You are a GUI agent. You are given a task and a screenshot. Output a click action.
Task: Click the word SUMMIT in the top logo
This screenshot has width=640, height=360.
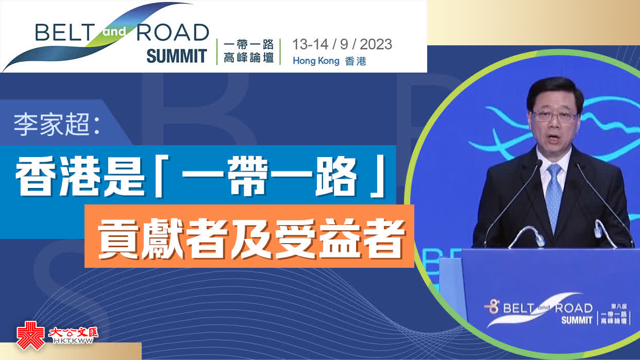coord(177,56)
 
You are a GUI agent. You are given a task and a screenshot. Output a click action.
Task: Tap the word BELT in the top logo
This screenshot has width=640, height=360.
coord(65,32)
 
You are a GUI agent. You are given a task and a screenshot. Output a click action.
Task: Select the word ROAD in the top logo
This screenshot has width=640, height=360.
coord(173,32)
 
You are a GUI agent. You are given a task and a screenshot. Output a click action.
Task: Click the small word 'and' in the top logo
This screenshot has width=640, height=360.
coord(114,31)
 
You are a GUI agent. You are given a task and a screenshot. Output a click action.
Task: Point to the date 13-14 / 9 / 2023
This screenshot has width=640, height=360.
coord(342,44)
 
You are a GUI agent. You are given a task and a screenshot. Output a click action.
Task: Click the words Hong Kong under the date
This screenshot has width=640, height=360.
coord(316,61)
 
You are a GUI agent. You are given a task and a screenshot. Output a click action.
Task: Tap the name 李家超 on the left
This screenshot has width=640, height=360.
coord(52,125)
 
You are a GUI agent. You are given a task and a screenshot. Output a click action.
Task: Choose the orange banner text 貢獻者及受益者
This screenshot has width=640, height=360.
coord(251,238)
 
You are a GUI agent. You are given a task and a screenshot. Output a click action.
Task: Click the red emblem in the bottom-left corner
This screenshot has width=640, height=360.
coord(30,335)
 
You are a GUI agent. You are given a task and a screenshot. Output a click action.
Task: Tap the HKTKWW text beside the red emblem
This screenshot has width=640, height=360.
coord(73,341)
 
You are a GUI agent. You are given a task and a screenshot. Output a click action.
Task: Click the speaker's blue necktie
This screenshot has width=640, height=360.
coord(554,197)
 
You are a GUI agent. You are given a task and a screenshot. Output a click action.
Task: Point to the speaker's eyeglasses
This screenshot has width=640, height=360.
coord(554,116)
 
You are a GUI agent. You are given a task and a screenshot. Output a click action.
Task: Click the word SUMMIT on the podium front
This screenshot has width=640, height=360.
coord(577,320)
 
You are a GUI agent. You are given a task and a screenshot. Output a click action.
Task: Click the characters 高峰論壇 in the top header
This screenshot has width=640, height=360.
coord(248,58)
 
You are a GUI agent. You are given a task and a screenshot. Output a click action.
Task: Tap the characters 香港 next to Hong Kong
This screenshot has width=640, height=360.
coord(356,61)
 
